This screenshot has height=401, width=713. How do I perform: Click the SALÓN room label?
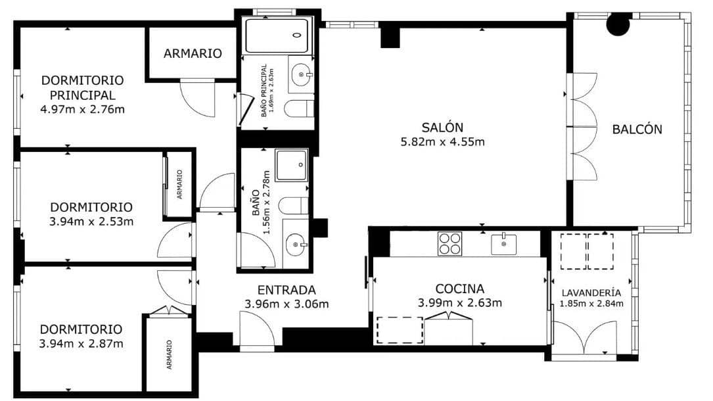[x=442, y=127]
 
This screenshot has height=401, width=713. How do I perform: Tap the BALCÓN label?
[x=637, y=130]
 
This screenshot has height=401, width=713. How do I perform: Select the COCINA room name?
[x=459, y=289]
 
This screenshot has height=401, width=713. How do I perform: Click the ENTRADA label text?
[x=287, y=289]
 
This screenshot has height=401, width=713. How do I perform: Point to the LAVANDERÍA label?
[x=591, y=293]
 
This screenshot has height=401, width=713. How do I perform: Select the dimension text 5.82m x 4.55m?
[x=442, y=142]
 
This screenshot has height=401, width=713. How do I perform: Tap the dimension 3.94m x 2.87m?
[x=81, y=343]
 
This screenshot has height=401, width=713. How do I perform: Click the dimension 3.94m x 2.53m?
[x=91, y=222]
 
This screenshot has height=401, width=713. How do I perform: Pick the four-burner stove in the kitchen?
[x=450, y=244]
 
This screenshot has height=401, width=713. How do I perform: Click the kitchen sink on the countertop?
[x=503, y=244]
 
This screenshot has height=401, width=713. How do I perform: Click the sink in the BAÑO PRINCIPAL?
[x=302, y=75]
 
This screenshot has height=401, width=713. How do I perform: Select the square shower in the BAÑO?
[x=291, y=165]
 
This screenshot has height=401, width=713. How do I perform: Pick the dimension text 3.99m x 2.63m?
[x=459, y=303]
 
